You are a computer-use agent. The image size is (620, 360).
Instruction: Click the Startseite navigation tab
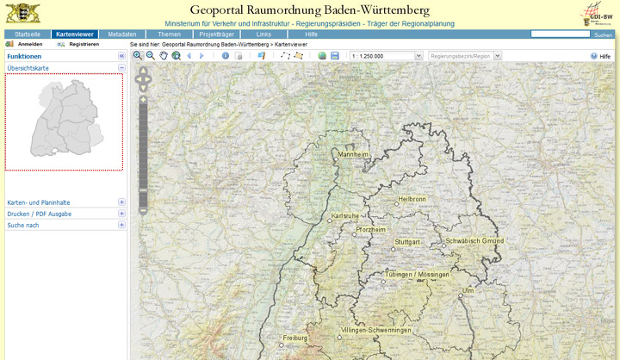28,34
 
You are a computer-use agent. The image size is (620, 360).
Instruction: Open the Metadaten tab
121,34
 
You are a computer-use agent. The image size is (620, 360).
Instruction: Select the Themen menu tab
169,34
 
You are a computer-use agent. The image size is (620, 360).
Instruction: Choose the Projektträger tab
216,34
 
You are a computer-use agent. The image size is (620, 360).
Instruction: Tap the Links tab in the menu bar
263,34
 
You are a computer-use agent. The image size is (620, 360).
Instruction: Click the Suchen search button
603,34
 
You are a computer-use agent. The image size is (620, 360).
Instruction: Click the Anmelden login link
30,43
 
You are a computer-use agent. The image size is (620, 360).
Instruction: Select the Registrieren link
84,43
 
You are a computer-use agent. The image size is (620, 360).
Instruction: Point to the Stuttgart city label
407,243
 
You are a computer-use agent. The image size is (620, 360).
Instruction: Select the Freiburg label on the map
294,338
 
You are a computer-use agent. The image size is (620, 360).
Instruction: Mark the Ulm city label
468,291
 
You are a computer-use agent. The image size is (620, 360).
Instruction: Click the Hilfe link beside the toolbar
604,55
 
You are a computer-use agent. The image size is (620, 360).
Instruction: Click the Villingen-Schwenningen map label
378,331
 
